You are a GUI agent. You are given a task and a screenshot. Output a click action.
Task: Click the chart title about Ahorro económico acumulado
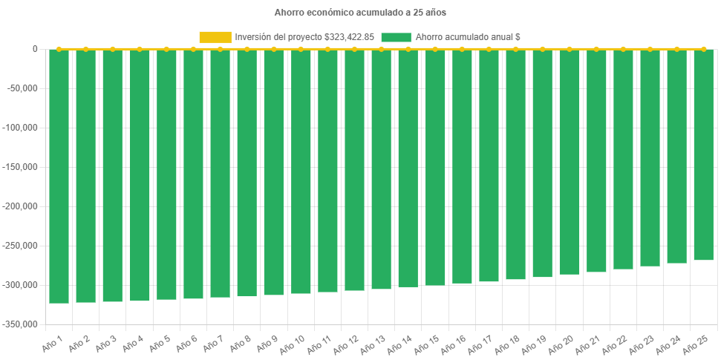pyautogui.click(x=360, y=13)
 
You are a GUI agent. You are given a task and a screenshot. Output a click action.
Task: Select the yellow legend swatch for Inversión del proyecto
pyautogui.click(x=215, y=37)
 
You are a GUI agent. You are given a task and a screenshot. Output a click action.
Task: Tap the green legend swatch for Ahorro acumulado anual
pyautogui.click(x=395, y=37)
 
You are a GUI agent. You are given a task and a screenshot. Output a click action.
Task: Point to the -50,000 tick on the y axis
pyautogui.click(x=25, y=88)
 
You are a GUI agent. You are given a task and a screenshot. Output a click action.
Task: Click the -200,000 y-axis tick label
pyautogui.click(x=23, y=206)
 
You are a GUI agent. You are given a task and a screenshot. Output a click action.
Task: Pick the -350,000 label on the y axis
pyautogui.click(x=23, y=324)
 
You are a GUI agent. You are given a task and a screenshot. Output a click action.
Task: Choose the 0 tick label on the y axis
pyautogui.click(x=35, y=49)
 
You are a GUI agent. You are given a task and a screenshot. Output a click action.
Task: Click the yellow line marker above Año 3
pyautogui.click(x=112, y=49)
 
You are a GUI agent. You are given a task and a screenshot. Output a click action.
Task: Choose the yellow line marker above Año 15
pyautogui.click(x=434, y=49)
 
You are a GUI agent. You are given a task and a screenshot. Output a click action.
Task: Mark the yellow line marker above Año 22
pyautogui.click(x=622, y=49)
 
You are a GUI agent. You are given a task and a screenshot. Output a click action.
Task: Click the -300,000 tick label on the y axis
pyautogui.click(x=23, y=285)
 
